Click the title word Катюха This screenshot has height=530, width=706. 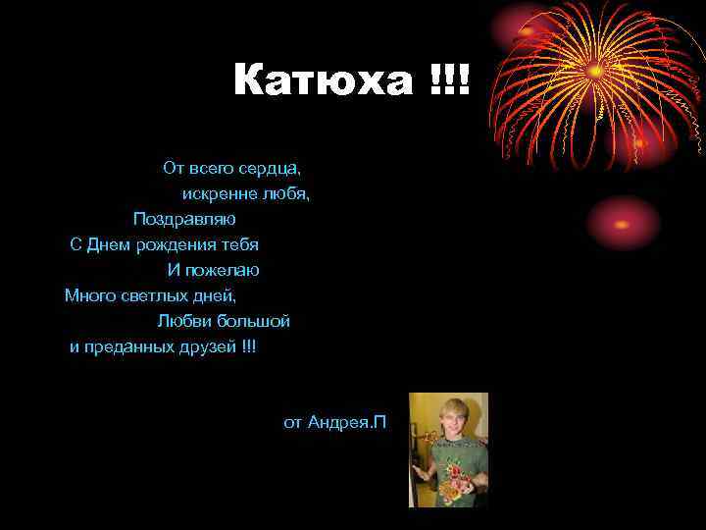tap(324, 80)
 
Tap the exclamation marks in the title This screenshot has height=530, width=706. tap(450, 80)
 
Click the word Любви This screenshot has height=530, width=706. tap(181, 321)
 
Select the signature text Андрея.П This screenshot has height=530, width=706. tap(347, 422)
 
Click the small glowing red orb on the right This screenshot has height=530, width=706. tap(624, 223)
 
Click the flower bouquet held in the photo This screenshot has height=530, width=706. tap(457, 477)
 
